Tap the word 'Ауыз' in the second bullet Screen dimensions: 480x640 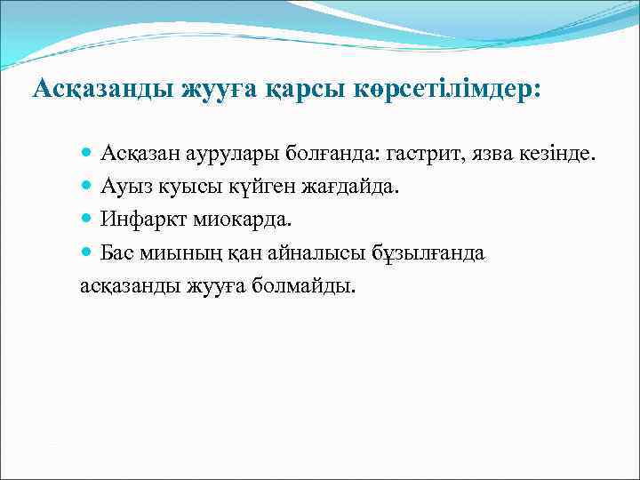coord(124,188)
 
